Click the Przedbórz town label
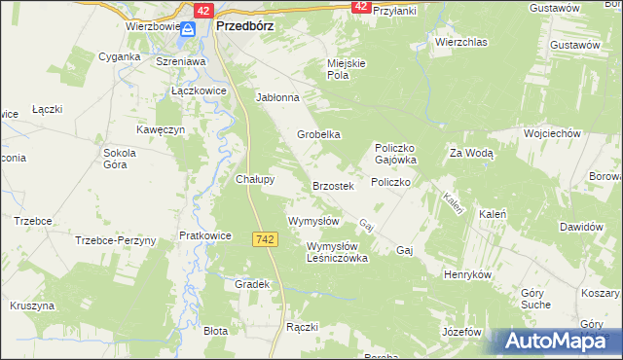pos(242,27)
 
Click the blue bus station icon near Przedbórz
pos(193,29)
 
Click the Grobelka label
pos(318,134)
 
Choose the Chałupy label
pos(256,179)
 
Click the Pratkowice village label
pos(204,235)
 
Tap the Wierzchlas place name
pos(460,43)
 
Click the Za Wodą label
pos(472,153)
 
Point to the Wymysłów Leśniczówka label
pos(337,252)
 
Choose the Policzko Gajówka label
pos(396,153)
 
